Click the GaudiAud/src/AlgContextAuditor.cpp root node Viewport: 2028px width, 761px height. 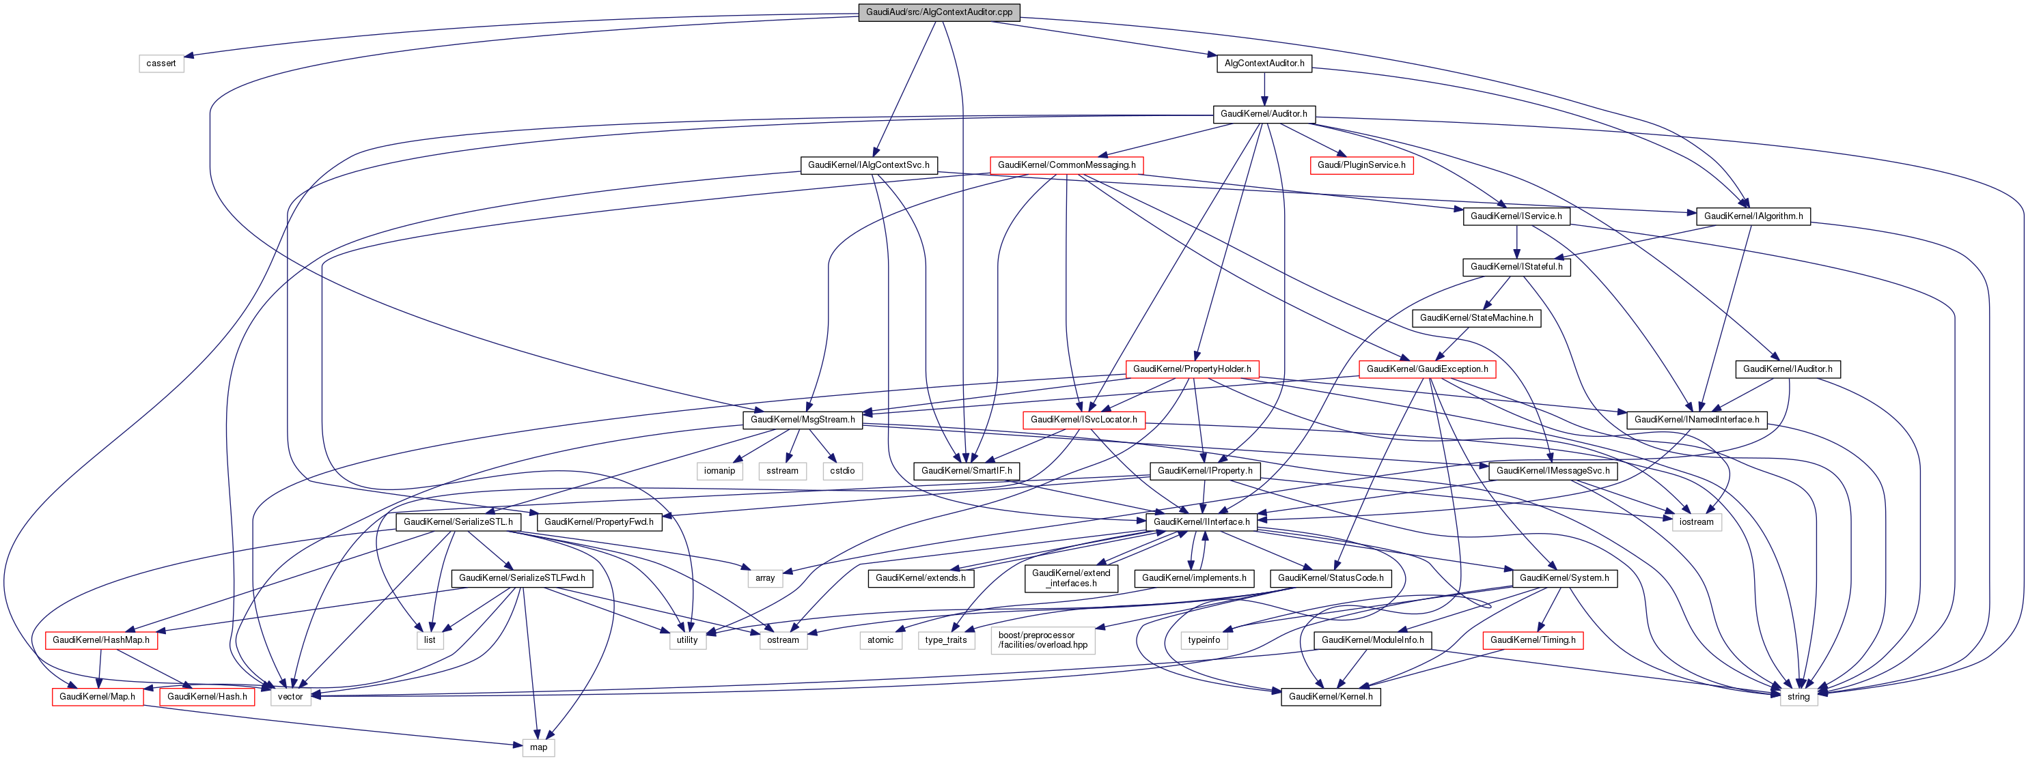coord(939,12)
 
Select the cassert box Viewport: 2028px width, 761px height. coord(161,63)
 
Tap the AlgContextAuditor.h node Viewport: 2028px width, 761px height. coord(1264,63)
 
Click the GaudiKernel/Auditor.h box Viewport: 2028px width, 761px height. coord(1263,114)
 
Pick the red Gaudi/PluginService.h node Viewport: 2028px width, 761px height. coord(1361,165)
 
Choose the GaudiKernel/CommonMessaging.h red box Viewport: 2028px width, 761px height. coord(1066,165)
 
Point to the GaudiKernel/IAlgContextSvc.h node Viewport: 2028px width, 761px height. coord(868,165)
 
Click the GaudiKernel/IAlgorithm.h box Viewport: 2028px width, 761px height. coord(1753,216)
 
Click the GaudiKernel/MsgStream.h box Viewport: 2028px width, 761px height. coord(802,420)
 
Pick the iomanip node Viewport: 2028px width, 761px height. coord(719,471)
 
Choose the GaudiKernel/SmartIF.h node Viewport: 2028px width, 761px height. coord(966,471)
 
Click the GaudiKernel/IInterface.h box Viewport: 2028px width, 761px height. coord(1201,521)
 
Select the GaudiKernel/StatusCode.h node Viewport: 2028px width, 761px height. coord(1330,577)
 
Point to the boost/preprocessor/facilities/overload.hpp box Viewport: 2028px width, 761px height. coord(1042,640)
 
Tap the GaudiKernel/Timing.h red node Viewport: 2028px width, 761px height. coord(1532,640)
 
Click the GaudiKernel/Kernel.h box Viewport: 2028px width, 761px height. coord(1330,696)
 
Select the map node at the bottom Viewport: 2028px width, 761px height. coord(538,747)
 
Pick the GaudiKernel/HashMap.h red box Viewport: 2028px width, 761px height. coord(101,640)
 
